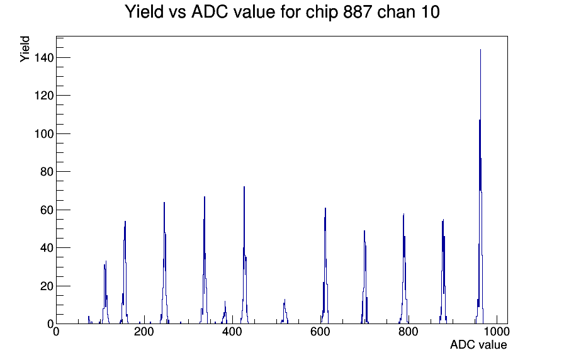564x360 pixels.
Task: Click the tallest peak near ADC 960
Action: pos(480,187)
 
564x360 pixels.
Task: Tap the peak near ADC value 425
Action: pos(244,256)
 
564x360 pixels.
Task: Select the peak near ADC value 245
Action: pos(164,262)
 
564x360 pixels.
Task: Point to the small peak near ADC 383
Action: pos(225,313)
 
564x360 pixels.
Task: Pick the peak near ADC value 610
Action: pos(325,266)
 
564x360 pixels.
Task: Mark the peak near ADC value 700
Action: pos(364,277)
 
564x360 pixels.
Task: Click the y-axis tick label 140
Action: pos(44,58)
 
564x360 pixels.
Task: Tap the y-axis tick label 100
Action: pos(44,134)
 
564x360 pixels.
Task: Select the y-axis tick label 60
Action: pos(47,210)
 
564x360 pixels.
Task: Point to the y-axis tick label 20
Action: pos(47,286)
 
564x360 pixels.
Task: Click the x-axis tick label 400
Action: pos(232,332)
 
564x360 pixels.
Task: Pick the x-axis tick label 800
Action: pos(409,332)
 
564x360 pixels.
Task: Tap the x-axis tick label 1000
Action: pos(497,332)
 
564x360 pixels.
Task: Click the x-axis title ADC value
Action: pos(478,344)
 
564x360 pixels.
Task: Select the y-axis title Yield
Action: pos(25,49)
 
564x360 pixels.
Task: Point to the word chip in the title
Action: pos(321,13)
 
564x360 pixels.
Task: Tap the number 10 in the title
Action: pos(430,12)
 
